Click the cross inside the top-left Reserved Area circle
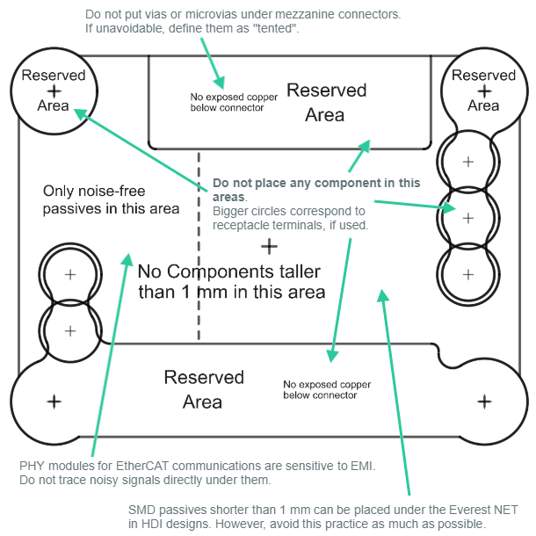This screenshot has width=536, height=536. click(54, 91)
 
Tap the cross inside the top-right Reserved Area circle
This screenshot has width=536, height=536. click(483, 91)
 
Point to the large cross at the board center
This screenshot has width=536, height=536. click(269, 247)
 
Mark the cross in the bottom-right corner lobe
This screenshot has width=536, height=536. click(484, 401)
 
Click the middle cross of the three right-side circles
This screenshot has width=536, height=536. click(467, 216)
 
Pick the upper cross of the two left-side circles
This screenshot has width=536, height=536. click(70, 275)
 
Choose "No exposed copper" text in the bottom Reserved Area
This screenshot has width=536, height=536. click(327, 385)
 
